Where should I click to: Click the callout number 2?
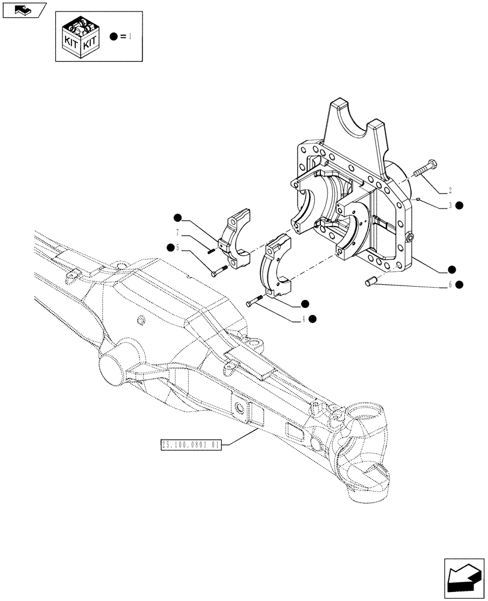click(449, 192)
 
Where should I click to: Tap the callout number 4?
click(304, 319)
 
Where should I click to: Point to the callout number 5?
click(178, 247)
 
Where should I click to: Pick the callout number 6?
click(449, 284)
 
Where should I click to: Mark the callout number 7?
click(178, 232)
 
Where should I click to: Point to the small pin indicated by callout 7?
click(211, 251)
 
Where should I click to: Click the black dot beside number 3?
click(459, 206)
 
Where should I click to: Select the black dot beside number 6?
click(459, 284)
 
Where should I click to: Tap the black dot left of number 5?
click(171, 247)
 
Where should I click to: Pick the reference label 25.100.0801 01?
click(192, 445)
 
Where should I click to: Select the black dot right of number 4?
click(313, 319)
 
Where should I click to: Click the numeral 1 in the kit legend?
click(130, 36)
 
